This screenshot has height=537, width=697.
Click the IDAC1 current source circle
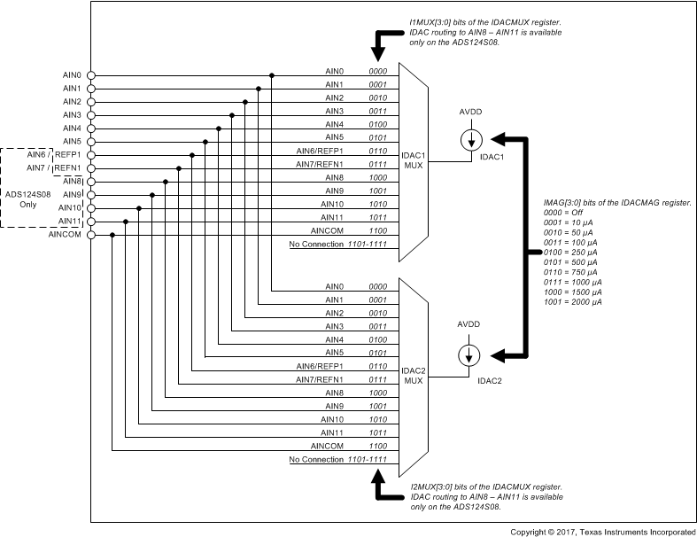[x=470, y=139]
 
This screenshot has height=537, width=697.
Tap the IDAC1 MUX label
[x=414, y=160]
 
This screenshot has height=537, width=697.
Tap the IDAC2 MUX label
[x=414, y=375]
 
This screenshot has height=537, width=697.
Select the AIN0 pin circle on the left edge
[x=90, y=75]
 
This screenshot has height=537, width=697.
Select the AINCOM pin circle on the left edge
[x=90, y=235]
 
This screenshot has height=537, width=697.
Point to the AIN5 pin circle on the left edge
[x=90, y=142]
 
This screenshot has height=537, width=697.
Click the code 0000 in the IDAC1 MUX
[x=378, y=70]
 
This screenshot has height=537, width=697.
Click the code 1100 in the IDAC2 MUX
[x=378, y=445]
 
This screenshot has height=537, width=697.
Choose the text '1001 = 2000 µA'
[x=573, y=302]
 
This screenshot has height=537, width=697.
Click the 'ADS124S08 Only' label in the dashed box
[x=27, y=199]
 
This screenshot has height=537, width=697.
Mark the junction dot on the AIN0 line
[x=271, y=75]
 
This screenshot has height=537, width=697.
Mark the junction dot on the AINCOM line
[x=112, y=235]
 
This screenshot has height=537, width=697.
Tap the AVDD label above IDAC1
[x=470, y=114]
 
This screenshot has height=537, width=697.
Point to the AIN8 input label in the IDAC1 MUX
[x=334, y=176]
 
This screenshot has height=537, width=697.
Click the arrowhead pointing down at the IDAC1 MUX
[x=380, y=54]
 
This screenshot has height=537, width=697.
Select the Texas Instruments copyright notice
[x=602, y=531]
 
